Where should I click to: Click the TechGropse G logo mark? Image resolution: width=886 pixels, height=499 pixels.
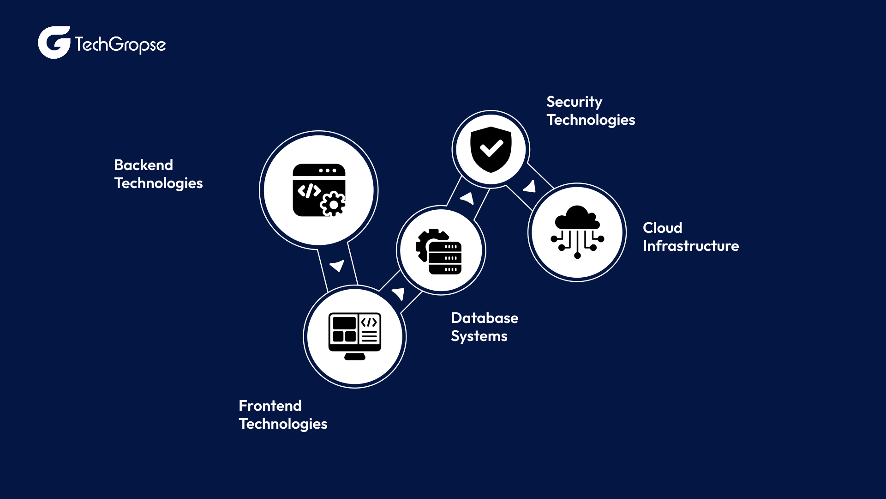point(54,43)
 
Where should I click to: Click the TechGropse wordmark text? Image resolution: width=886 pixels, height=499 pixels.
point(120,45)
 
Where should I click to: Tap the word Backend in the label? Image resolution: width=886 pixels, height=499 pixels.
point(144,165)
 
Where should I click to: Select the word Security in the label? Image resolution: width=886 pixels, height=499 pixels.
point(574,102)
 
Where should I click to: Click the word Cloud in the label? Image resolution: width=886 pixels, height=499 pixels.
point(662,228)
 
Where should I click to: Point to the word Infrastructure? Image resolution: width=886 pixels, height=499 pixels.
point(690,246)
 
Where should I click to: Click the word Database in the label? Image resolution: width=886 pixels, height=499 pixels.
point(485,318)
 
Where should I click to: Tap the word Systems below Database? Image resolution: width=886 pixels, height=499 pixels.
point(479,336)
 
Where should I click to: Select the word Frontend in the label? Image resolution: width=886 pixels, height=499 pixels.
point(270,406)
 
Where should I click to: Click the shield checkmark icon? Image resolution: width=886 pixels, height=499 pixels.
point(491,149)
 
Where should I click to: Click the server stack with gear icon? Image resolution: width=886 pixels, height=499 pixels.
point(440,251)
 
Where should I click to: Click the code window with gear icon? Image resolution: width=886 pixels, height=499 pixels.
point(319,190)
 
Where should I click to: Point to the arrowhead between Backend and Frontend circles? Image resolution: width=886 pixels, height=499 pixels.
point(337,266)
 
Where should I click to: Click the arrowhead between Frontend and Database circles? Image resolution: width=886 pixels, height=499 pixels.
point(399,293)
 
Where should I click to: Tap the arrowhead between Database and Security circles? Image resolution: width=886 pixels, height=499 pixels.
point(468,198)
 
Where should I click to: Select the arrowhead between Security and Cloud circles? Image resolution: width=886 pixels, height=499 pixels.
point(530,187)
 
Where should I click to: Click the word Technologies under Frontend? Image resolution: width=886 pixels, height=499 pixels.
point(283,424)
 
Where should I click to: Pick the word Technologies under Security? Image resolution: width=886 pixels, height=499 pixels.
point(591,120)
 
